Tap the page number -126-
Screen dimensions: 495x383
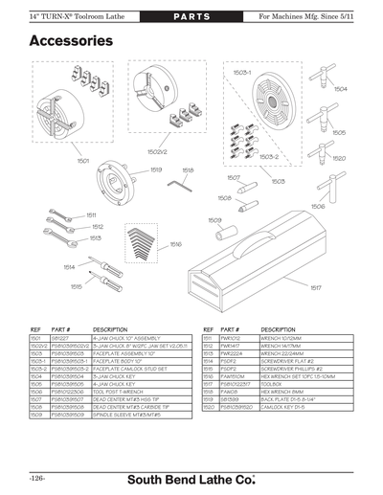(38, 476)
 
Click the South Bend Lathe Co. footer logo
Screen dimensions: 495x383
(206, 476)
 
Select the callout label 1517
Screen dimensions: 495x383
(315, 287)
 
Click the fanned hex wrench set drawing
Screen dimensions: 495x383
(141, 236)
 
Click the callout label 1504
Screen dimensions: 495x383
(339, 87)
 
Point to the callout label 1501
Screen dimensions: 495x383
(83, 161)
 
